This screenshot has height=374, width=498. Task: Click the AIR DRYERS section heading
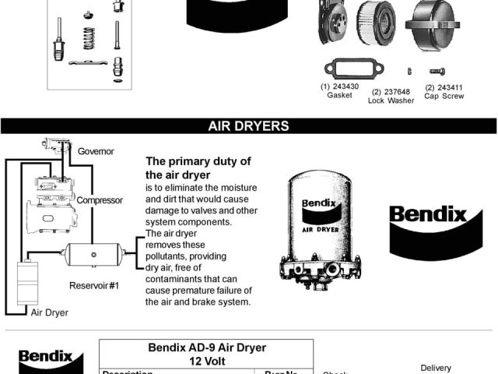[x=248, y=125]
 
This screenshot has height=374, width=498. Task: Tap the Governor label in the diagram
[x=96, y=151]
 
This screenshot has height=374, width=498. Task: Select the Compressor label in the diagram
[x=100, y=200]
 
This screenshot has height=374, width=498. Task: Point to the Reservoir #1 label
[x=94, y=286]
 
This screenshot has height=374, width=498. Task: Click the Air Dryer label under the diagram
[x=50, y=312]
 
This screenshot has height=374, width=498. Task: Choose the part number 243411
[x=444, y=87]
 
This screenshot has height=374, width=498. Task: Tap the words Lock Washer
[x=391, y=101]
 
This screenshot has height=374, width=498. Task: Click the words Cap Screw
[x=444, y=96]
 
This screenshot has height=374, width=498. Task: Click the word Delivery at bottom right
[x=436, y=368]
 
